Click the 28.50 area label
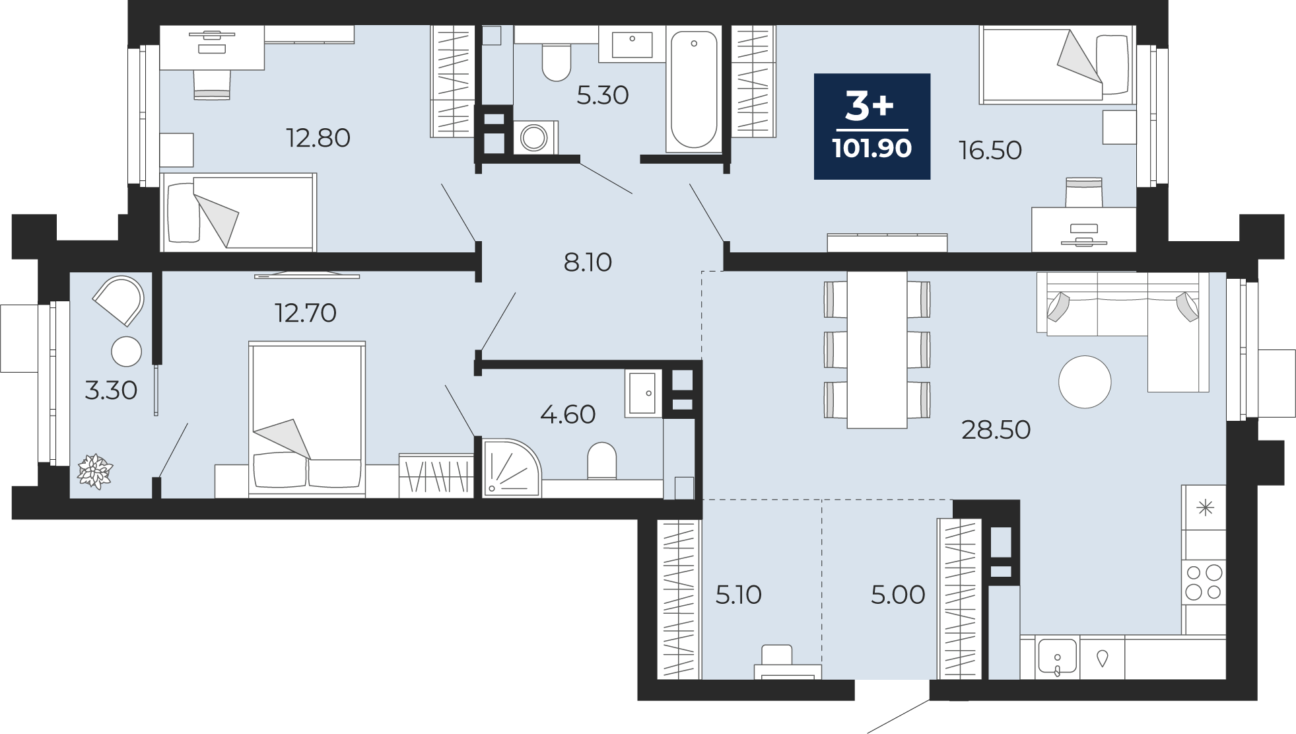[x=996, y=430]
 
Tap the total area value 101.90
[x=872, y=149]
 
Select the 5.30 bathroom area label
[x=602, y=96]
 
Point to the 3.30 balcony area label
[x=111, y=390]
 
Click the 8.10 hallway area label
[x=588, y=263]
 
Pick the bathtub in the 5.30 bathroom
[x=693, y=89]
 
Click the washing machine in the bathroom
[x=533, y=137]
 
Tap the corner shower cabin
[x=512, y=467]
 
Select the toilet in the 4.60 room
[x=601, y=460]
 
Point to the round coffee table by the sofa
[x=1085, y=382]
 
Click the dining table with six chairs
[x=877, y=349]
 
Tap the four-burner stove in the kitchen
[x=1204, y=582]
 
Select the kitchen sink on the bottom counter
[x=1057, y=657]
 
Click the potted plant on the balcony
[x=96, y=472]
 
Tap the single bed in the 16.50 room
[x=1057, y=65]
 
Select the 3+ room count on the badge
[x=870, y=106]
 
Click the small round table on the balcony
[x=127, y=351]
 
